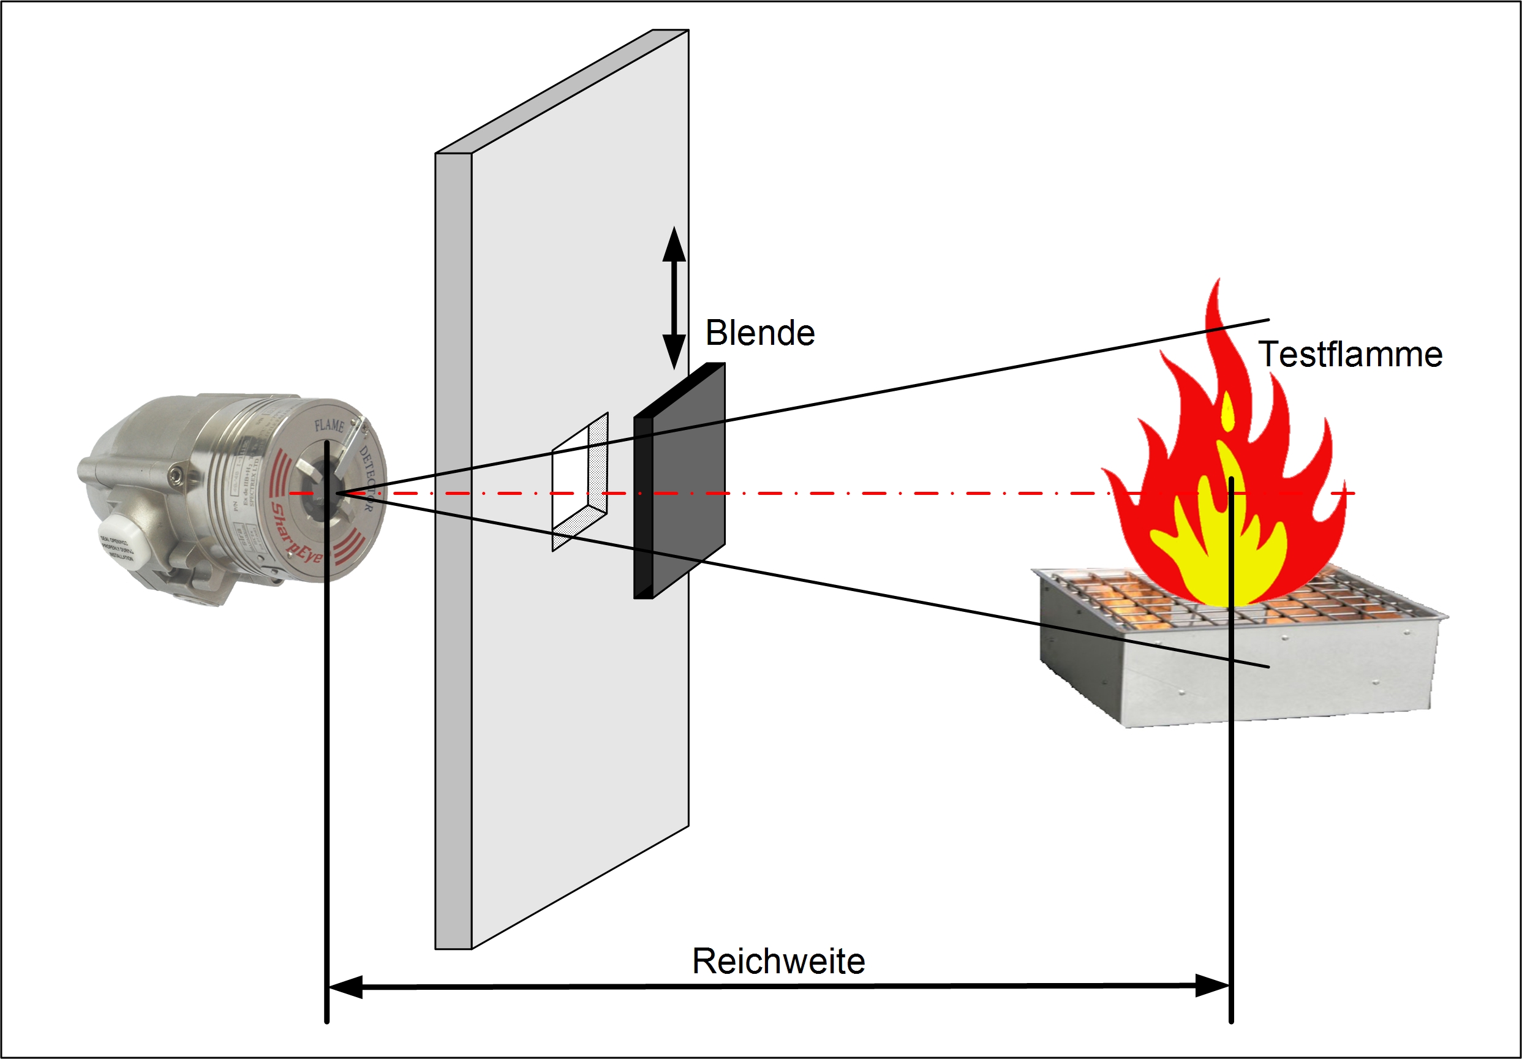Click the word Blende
click(x=759, y=333)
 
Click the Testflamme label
click(x=1351, y=354)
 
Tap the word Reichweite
click(x=778, y=961)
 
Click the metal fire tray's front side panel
click(x=1279, y=683)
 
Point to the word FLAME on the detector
click(x=329, y=424)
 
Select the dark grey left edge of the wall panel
click(x=453, y=551)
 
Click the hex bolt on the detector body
click(x=175, y=474)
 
